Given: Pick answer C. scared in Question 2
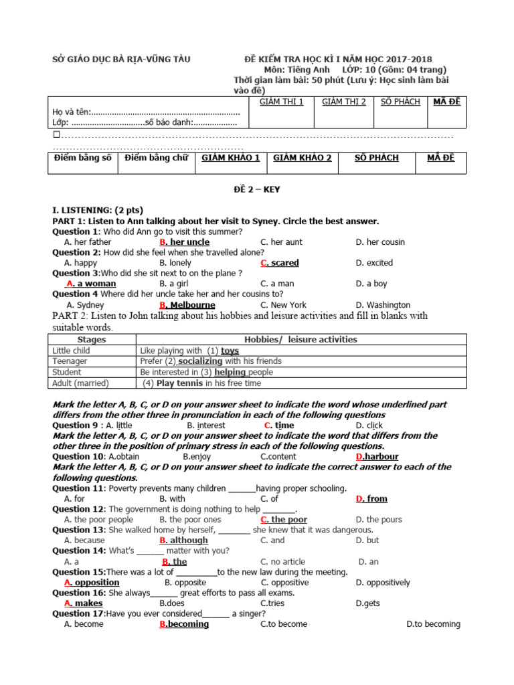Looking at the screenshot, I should pyautogui.click(x=280, y=263).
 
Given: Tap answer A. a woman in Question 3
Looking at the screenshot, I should pyautogui.click(x=91, y=284).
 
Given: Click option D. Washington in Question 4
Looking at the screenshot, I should pyautogui.click(x=383, y=305).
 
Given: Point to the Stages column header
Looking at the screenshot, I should pyautogui.click(x=92, y=340).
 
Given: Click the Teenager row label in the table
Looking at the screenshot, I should pyautogui.click(x=70, y=361).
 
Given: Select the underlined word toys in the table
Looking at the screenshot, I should pyautogui.click(x=230, y=351).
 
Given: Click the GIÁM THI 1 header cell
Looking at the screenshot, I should pyautogui.click(x=281, y=102).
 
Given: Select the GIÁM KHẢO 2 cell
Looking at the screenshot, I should pyautogui.click(x=302, y=158).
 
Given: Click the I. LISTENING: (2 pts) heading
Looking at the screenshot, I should pyautogui.click(x=98, y=210).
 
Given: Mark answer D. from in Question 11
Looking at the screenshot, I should pyautogui.click(x=371, y=499).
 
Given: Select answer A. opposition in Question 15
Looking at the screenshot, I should pyautogui.click(x=92, y=583).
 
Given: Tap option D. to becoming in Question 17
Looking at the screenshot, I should pyautogui.click(x=433, y=624).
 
